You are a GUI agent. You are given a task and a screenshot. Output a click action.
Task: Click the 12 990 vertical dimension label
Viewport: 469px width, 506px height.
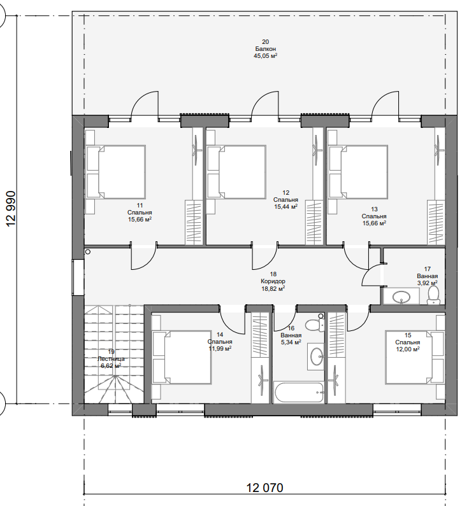[x=11, y=209]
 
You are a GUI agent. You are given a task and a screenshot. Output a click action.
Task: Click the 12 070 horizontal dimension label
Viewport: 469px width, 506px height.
[x=265, y=488]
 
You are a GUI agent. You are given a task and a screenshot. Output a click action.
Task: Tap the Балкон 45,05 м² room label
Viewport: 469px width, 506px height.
[x=266, y=49]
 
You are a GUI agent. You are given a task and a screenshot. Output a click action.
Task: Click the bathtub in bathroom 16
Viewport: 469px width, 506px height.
[x=298, y=393]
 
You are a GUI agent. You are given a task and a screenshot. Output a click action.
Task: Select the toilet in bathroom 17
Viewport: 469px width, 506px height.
[x=433, y=295]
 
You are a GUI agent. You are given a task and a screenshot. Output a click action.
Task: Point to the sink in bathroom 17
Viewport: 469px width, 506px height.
[x=401, y=296]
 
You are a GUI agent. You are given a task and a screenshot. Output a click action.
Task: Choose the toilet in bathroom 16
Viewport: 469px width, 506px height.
[x=315, y=325]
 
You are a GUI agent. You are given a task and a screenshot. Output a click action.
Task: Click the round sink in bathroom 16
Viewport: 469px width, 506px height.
[x=317, y=356]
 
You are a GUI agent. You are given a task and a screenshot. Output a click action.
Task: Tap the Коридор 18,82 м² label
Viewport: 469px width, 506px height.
[x=273, y=281]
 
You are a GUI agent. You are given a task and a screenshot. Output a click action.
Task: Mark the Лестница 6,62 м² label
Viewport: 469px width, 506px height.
[x=111, y=359]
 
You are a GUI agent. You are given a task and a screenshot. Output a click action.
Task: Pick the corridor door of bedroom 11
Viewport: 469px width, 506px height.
[x=144, y=257]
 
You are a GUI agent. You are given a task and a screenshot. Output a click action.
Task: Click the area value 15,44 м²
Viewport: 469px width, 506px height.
[x=285, y=207]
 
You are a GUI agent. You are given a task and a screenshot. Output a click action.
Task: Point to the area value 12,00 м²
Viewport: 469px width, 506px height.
[x=408, y=349]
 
